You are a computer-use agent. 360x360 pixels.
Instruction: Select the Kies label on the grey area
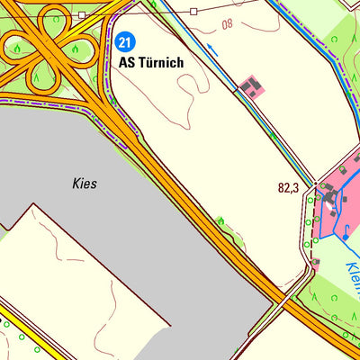point(84,183)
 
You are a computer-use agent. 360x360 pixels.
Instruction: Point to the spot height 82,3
point(288,188)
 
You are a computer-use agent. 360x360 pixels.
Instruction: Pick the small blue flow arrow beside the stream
point(212,51)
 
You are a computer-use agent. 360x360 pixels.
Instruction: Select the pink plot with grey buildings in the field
point(252,86)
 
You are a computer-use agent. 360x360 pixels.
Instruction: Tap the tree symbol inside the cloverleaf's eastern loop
point(78,48)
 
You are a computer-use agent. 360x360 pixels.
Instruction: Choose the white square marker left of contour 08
point(193,12)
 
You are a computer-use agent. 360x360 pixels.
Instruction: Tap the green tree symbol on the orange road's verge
point(220,220)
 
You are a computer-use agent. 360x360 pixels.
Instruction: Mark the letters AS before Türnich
point(128,63)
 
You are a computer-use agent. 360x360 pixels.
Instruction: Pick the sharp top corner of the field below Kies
point(33,205)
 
